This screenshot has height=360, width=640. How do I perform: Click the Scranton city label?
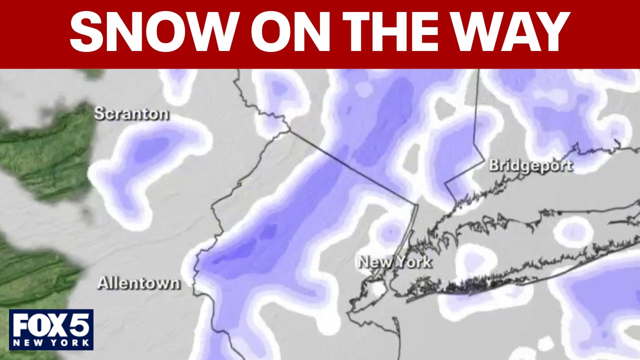131,114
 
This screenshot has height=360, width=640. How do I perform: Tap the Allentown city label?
138,283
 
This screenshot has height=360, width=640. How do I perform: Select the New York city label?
395,262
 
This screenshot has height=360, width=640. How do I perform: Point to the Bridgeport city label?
530,165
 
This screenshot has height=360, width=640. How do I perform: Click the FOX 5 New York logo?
51,329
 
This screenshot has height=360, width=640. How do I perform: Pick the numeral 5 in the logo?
80,325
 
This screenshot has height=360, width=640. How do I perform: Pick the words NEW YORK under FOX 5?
51,343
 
